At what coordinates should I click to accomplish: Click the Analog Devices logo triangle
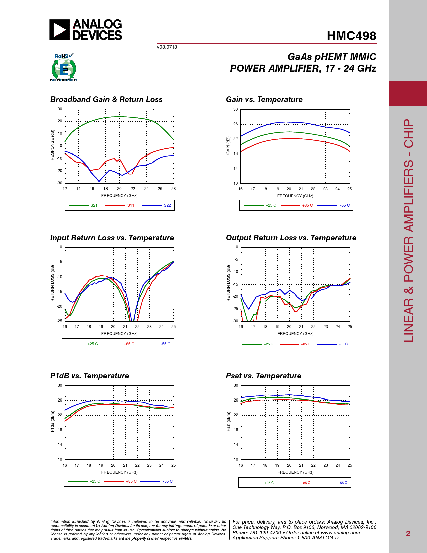pos(59,30)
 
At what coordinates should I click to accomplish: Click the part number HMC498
pos(351,36)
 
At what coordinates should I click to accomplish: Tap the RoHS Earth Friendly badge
pos(64,67)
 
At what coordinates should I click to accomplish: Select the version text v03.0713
pos(167,47)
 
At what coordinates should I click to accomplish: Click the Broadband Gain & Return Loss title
pos(106,99)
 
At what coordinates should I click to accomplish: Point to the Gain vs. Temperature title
pos(264,99)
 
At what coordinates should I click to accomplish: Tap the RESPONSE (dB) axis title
pos(52,145)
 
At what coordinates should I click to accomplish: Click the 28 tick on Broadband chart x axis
pos(174,189)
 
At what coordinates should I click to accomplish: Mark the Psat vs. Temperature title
pos(264,376)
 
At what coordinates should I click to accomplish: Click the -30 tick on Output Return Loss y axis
pos(235,321)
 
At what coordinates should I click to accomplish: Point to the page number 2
pos(408,534)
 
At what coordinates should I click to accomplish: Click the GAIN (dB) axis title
pos(228,145)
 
